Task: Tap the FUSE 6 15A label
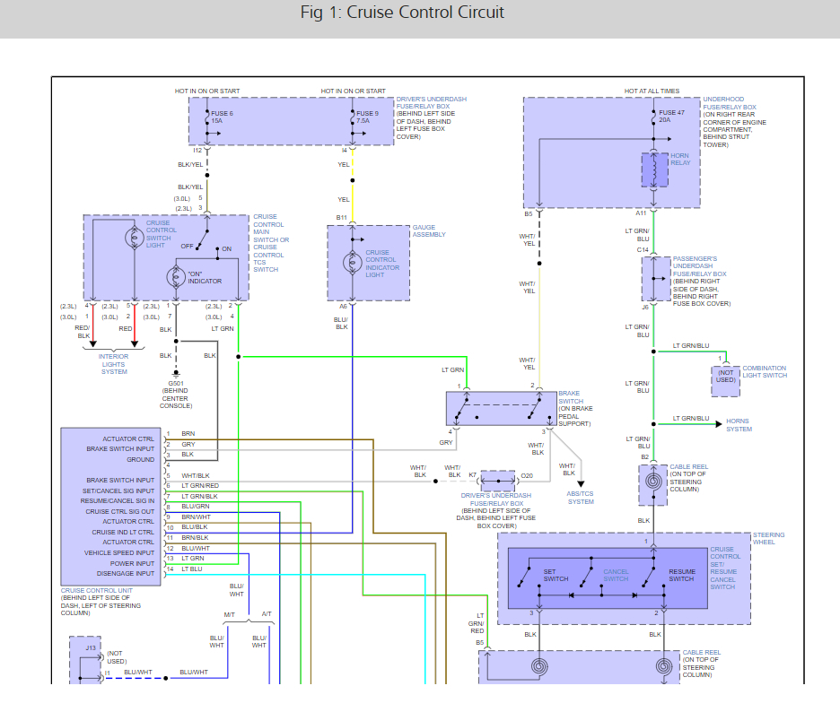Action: click(221, 117)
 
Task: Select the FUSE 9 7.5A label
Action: click(368, 117)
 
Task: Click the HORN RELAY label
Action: click(680, 160)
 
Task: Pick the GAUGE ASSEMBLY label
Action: click(429, 231)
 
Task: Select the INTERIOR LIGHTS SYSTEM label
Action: click(114, 364)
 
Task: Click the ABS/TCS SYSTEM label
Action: click(581, 498)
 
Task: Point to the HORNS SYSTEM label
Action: click(739, 424)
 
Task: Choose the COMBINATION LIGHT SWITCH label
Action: click(764, 371)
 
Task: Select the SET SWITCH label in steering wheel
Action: click(556, 575)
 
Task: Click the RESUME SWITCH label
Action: click(681, 575)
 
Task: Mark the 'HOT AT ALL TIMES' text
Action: click(652, 91)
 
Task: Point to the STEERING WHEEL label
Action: click(768, 538)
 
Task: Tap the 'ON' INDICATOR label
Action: click(205, 276)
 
